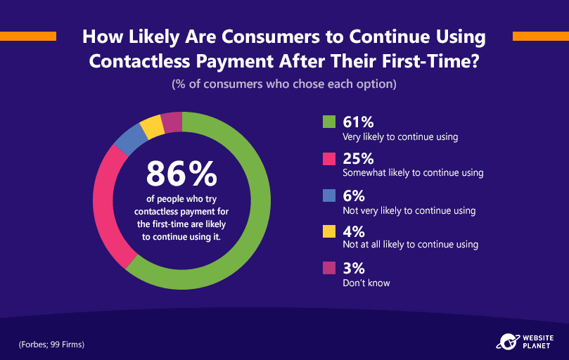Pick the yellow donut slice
(152, 127)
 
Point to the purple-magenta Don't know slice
(172, 122)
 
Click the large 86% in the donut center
(181, 174)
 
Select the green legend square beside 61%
(329, 122)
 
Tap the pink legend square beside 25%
(329, 159)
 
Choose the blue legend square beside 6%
(329, 195)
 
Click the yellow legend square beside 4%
(329, 231)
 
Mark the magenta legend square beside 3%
(329, 268)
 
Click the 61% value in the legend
(358, 122)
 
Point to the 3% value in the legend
(354, 269)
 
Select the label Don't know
(366, 283)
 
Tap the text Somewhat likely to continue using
(413, 173)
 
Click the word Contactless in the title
(139, 61)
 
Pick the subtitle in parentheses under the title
(284, 84)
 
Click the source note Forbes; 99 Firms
(51, 345)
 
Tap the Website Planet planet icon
(508, 342)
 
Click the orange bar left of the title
(28, 37)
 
